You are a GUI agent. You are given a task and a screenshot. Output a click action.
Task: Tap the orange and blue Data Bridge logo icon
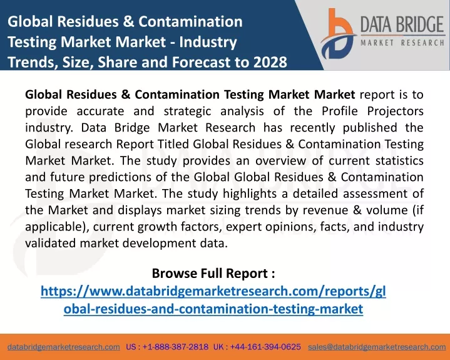[338, 34]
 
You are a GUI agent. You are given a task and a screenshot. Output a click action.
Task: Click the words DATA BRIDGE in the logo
[402, 24]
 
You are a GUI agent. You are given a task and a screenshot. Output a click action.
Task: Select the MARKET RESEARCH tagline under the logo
[402, 43]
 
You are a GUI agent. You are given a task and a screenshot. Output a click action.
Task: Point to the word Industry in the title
[208, 42]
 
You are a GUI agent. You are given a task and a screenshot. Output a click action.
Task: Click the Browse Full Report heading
[213, 273]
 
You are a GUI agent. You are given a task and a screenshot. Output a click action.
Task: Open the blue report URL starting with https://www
[213, 291]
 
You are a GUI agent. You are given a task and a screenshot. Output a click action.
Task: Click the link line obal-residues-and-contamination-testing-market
[213, 309]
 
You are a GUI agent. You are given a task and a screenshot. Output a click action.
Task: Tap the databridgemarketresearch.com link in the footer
[64, 347]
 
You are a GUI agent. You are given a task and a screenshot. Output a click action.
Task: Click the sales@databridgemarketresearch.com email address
[377, 347]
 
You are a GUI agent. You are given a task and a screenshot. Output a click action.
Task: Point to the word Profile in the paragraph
[340, 111]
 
